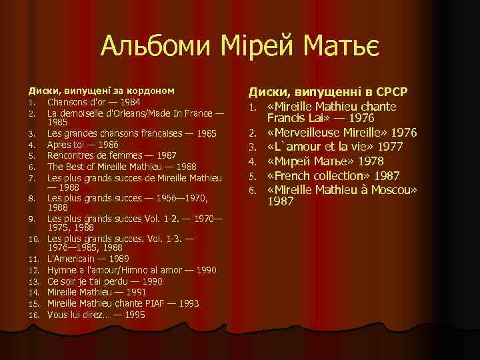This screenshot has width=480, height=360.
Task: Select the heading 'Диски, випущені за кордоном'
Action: tap(101, 89)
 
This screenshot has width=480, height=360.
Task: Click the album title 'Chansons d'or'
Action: tap(75, 102)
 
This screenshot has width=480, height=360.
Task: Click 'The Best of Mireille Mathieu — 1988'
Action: tap(121, 167)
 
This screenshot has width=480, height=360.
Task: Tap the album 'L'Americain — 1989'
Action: tap(88, 258)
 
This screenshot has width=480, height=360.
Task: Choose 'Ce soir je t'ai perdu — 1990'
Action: tap(105, 281)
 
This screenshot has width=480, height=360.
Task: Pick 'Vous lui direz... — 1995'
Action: tap(96, 315)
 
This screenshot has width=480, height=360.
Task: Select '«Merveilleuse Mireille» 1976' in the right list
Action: tap(343, 132)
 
